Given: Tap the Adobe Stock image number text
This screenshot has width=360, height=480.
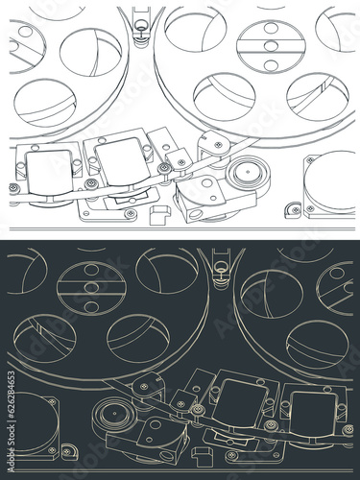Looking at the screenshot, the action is point(12,421).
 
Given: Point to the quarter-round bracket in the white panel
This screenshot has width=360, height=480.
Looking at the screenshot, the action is point(293,210).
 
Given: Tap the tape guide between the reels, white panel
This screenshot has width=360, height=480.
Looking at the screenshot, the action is point(141,27).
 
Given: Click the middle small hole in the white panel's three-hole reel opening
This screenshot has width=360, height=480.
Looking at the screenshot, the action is point(271,46).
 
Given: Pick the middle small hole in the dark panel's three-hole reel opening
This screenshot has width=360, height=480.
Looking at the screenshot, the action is point(91,287).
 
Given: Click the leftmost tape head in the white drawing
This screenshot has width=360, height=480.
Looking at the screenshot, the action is point(49,173).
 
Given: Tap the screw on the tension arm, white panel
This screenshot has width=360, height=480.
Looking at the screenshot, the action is point(219,145).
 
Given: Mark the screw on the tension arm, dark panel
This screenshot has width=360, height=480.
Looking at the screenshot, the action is point(144,386).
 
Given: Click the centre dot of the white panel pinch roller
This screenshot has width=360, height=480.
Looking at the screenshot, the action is point(248,171).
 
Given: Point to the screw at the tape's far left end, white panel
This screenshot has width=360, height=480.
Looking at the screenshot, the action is point(12,187).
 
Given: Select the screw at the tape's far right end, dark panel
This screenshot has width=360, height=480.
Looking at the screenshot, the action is point(348,429).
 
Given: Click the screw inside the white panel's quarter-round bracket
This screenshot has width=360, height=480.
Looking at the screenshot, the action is point(295,210).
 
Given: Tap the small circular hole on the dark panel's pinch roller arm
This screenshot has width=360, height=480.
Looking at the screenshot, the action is point(156,424).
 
